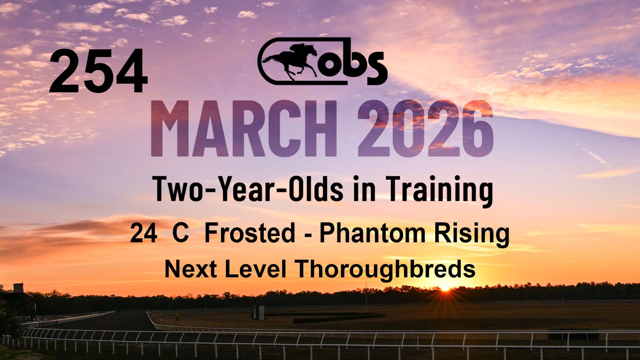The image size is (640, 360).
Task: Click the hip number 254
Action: coord(99,71)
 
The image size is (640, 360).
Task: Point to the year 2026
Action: coord(426,129)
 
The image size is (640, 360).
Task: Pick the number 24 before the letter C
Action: coord(144,233)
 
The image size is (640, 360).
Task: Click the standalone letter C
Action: coord(181,233)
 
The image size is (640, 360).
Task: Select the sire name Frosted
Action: coord(250,233)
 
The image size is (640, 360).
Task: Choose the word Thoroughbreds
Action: coord(385,270)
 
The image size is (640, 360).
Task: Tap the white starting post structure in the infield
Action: coord(259,312)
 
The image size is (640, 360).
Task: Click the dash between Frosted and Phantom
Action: coord(308,235)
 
